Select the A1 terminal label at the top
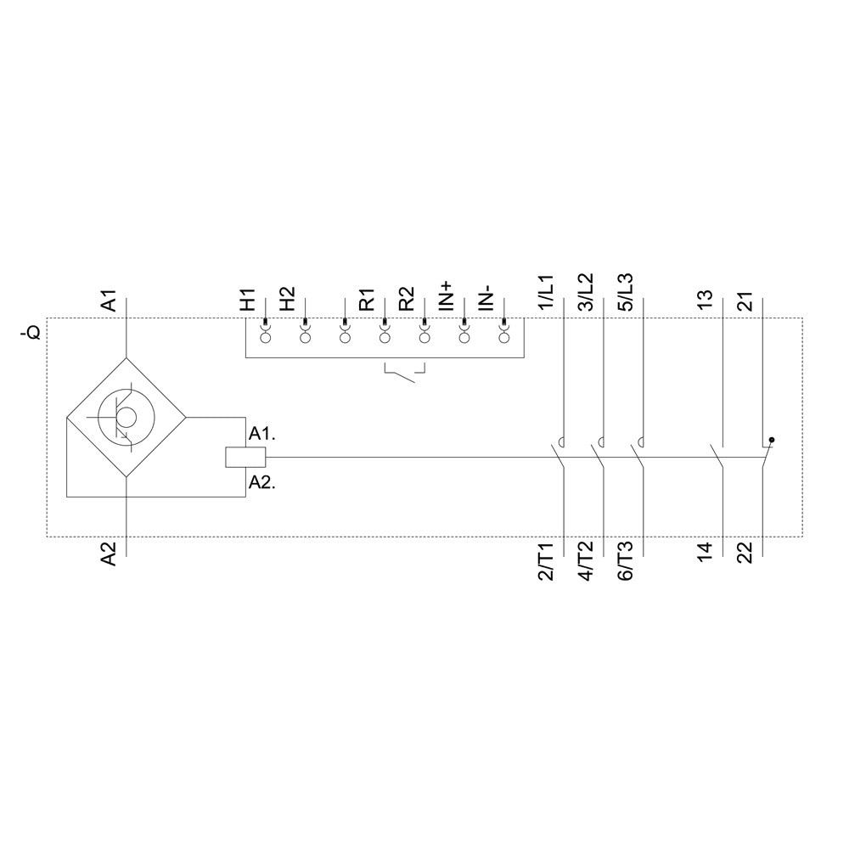coord(109,301)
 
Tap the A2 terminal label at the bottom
coord(109,554)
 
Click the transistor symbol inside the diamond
coord(125,417)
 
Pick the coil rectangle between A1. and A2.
coord(245,458)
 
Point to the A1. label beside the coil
coord(261,434)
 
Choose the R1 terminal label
coord(366,301)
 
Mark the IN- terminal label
coord(486,298)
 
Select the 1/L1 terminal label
coord(546,294)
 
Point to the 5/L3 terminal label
coord(625,294)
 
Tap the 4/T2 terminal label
coord(586,561)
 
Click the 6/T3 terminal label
coord(625,561)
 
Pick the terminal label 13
coord(705,301)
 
